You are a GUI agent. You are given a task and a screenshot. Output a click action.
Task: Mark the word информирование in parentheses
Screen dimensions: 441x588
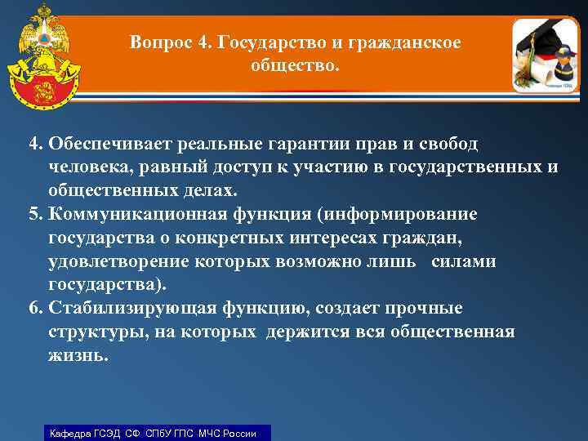(402, 214)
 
